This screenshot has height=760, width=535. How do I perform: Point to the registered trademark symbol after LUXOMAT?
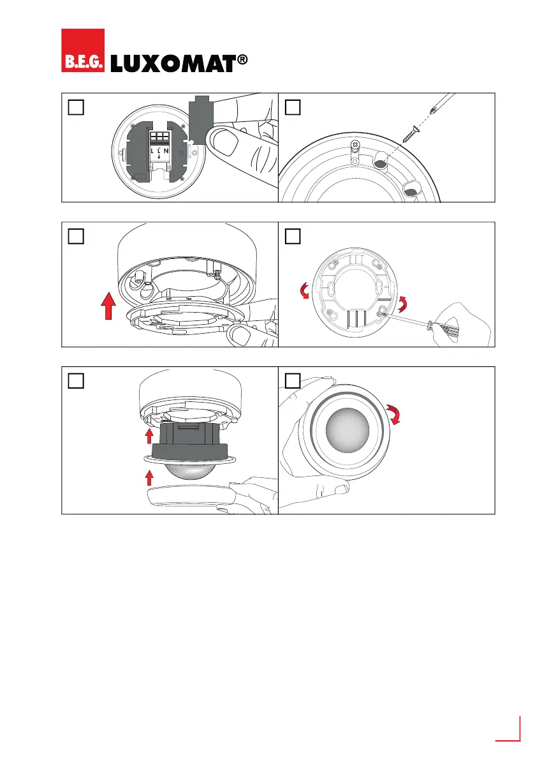coord(241,61)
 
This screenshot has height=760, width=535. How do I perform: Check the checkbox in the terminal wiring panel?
coord(75,107)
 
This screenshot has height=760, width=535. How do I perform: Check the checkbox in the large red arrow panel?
coord(75,236)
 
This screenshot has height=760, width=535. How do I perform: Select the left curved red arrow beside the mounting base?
coord(304,292)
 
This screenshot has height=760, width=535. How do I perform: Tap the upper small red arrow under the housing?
coord(149,435)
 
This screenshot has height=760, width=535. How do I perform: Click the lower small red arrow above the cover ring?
coord(149,477)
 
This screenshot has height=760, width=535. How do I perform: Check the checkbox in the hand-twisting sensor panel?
coord(293,380)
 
